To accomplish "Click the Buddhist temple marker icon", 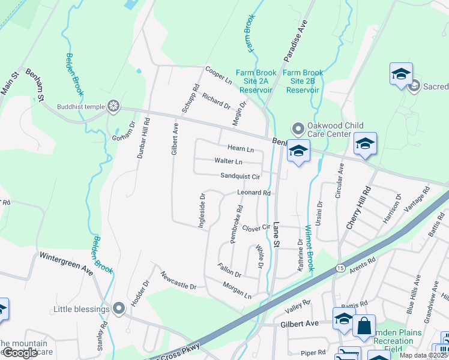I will pyautogui.click(x=113, y=107).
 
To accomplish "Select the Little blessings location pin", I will pyautogui.click(x=118, y=309).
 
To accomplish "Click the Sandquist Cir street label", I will pyautogui.click(x=240, y=176).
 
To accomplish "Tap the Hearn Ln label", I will pyautogui.click(x=240, y=148).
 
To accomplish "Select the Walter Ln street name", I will pyautogui.click(x=229, y=161).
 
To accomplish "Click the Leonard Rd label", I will pyautogui.click(x=255, y=193).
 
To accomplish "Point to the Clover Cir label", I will pyautogui.click(x=257, y=227).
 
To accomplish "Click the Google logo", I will pyautogui.click(x=19, y=353).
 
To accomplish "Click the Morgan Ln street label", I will pyautogui.click(x=237, y=290).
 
